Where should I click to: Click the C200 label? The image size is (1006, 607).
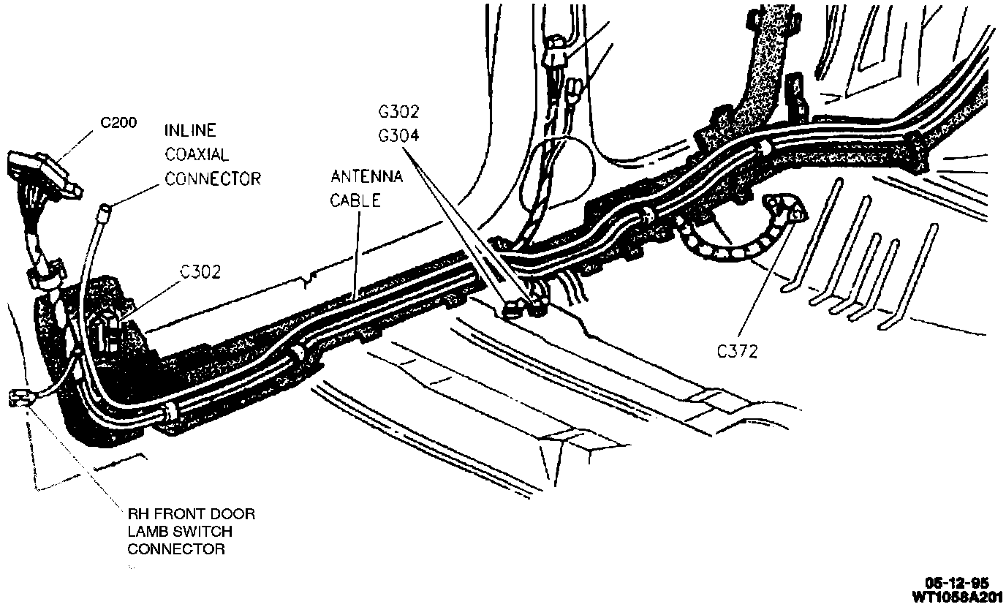(x=118, y=123)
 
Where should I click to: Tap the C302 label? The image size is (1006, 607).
(x=201, y=273)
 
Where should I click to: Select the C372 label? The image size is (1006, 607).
(x=737, y=352)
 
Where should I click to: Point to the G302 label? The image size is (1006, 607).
(x=398, y=113)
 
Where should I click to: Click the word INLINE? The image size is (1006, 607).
(x=190, y=132)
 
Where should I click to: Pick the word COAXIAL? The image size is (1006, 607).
(x=197, y=155)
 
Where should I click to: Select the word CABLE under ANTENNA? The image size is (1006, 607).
(x=355, y=200)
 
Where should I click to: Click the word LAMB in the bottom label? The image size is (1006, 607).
(x=149, y=532)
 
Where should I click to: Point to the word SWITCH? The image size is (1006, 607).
(x=202, y=532)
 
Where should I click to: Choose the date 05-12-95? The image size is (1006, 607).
(x=957, y=583)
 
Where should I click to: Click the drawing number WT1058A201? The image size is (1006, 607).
(x=957, y=596)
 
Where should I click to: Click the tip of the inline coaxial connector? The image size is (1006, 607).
(x=104, y=211)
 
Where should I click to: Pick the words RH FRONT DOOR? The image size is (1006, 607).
(x=192, y=514)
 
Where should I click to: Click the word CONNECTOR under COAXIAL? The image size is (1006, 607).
(x=212, y=178)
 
